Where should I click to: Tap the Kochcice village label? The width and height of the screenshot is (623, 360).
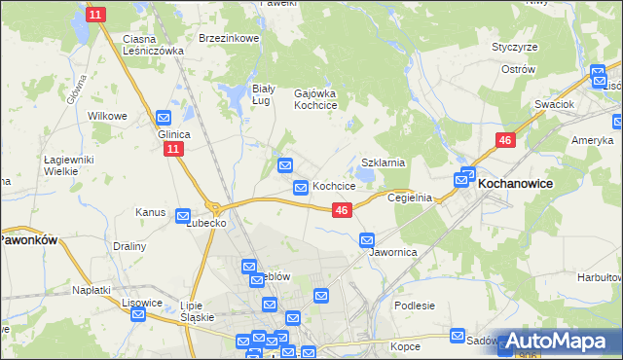click(334, 186)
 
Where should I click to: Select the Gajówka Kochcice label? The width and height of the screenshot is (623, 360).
click(315, 98)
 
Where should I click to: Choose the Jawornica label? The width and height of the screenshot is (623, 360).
click(394, 252)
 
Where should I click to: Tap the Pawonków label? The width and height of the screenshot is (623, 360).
click(28, 238)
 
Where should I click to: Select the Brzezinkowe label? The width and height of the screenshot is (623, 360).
click(228, 38)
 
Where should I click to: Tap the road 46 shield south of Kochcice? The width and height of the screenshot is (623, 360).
click(341, 210)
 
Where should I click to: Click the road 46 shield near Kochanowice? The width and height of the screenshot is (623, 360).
click(504, 141)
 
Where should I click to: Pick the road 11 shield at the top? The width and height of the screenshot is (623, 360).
click(94, 15)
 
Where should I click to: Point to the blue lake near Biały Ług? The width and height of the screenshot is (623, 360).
click(236, 95)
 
